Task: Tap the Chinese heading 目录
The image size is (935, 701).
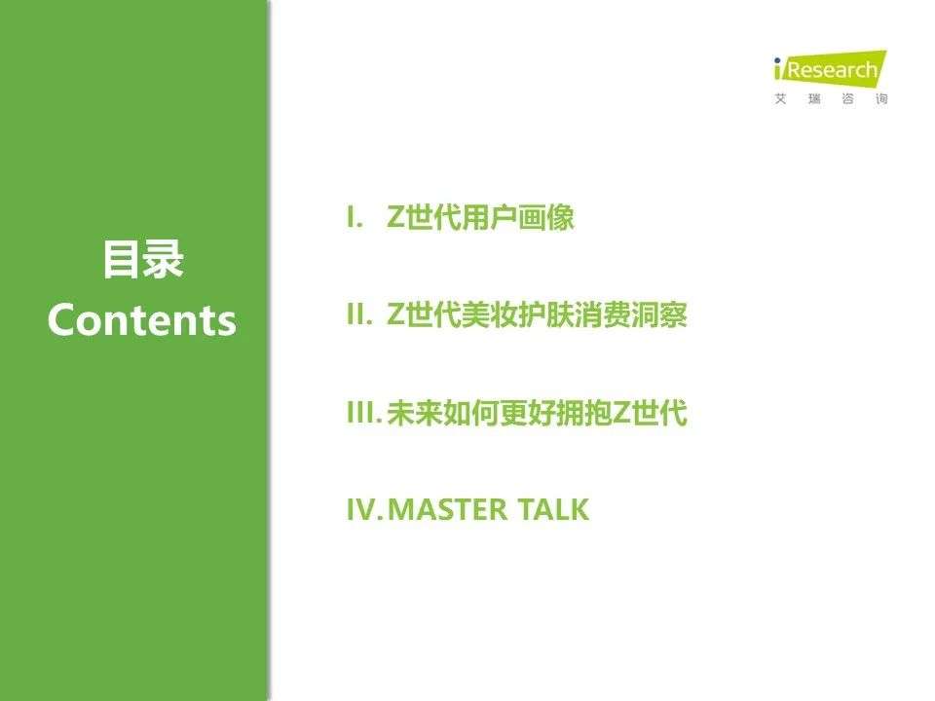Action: coord(142,260)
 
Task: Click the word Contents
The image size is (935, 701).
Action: coord(142,320)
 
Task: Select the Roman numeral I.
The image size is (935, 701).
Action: coord(355,217)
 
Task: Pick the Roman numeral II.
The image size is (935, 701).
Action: coord(359,314)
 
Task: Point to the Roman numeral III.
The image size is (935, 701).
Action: coord(363,413)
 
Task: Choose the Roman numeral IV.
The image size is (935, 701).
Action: coord(364,509)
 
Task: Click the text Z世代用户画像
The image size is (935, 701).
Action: coord(480,217)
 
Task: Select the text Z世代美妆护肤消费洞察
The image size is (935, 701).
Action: coord(537,314)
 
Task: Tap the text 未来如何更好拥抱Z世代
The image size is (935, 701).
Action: coord(537,413)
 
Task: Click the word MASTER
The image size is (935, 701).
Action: coord(447,509)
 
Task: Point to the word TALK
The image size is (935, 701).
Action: coord(553,509)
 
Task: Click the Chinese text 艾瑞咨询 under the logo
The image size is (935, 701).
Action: coord(831,99)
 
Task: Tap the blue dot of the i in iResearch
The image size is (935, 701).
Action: coord(777,60)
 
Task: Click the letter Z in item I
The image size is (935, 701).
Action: coord(396,217)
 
